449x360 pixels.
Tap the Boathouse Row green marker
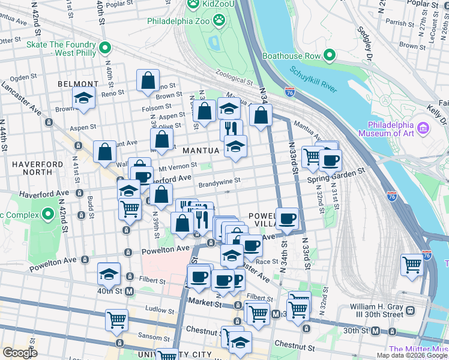[x=329, y=56]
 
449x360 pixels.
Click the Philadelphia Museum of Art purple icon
[x=423, y=128]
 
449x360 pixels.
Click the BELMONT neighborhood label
[x=78, y=84]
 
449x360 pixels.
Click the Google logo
[x=20, y=353]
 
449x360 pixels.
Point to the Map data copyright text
[x=411, y=355]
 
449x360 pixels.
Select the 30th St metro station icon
[x=375, y=331]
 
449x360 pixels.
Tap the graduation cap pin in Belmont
[x=84, y=97]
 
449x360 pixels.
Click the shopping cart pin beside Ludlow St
[x=116, y=319]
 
